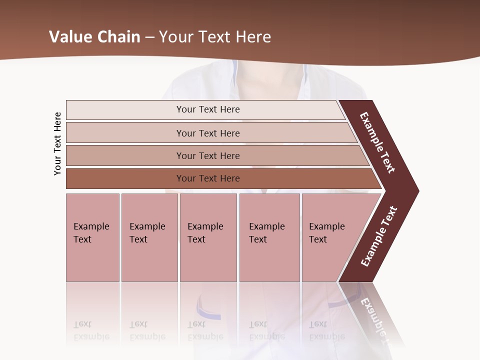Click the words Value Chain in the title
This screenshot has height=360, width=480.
coord(94,37)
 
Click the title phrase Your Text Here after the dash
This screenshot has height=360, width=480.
coord(215,37)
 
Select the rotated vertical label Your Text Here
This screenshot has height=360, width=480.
coord(57,144)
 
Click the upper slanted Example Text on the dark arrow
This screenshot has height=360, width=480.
coord(377,142)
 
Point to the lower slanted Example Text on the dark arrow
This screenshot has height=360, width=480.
coord(379,236)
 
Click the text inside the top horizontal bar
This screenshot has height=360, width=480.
coord(208,109)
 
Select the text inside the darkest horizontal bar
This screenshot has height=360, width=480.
coord(208,178)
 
